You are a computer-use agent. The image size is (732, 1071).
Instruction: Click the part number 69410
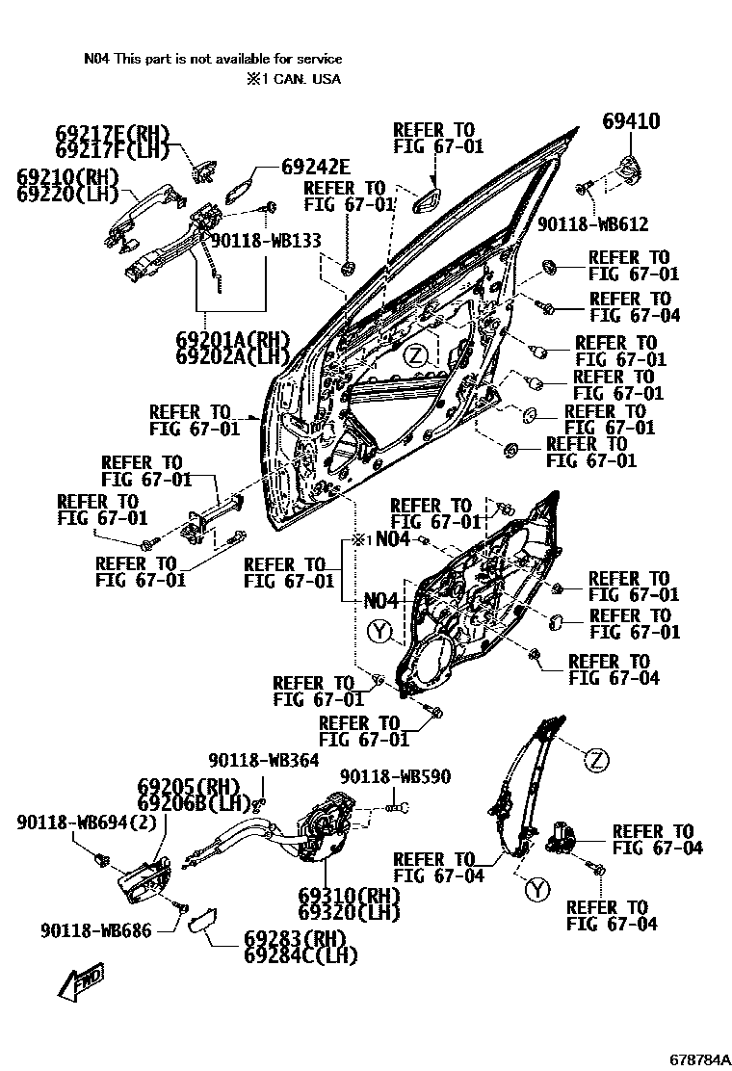coord(631,121)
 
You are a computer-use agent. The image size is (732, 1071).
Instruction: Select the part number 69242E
coord(316,166)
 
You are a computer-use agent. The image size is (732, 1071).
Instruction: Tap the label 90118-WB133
coord(266,241)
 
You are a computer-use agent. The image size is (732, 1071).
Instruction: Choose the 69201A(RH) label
coord(232,340)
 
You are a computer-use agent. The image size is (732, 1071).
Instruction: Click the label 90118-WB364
coord(263,761)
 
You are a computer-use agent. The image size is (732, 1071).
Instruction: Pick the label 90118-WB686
coord(96,931)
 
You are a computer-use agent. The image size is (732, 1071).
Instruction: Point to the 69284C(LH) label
coord(301,955)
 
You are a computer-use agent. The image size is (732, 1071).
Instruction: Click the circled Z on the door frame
coord(414,355)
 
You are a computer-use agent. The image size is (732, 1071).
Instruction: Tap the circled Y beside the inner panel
coord(380,632)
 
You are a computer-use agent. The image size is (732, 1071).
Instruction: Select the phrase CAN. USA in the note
coord(309,79)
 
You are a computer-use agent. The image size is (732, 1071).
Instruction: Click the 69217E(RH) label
coord(112,133)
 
